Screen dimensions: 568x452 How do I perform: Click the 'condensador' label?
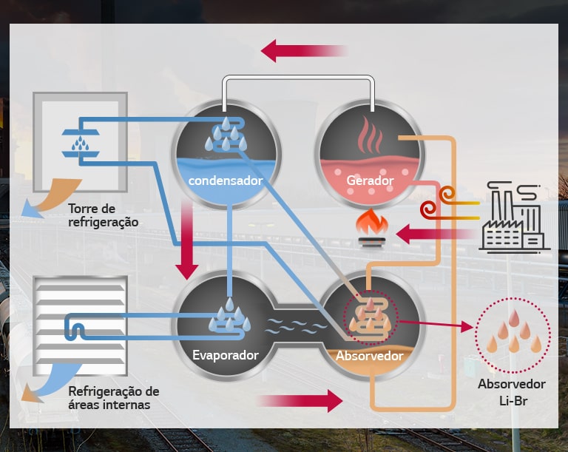pyautogui.click(x=226, y=181)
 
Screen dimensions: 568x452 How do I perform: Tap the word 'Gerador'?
pyautogui.click(x=370, y=181)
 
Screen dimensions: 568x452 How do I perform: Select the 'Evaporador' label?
pyautogui.click(x=226, y=355)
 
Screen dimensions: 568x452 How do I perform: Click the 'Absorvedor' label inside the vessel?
pyautogui.click(x=370, y=356)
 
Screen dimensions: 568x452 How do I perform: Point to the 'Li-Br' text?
pyautogui.click(x=513, y=401)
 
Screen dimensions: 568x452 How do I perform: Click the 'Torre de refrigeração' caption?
pyautogui.click(x=104, y=215)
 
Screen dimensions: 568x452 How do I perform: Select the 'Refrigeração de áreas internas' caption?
pyautogui.click(x=114, y=398)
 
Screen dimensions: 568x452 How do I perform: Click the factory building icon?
pyautogui.click(x=515, y=217)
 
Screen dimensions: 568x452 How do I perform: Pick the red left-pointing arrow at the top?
pyautogui.click(x=303, y=51)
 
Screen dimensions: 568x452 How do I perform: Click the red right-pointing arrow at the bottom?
pyautogui.click(x=300, y=401)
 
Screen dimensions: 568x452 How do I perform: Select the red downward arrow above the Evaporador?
pyautogui.click(x=187, y=240)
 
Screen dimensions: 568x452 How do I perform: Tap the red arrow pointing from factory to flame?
pyautogui.click(x=436, y=235)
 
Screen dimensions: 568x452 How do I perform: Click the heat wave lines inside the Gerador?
pyautogui.click(x=370, y=135)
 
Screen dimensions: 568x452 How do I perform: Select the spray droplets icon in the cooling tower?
pyautogui.click(x=81, y=144)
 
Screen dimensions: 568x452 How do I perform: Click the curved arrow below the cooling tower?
pyautogui.click(x=51, y=198)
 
